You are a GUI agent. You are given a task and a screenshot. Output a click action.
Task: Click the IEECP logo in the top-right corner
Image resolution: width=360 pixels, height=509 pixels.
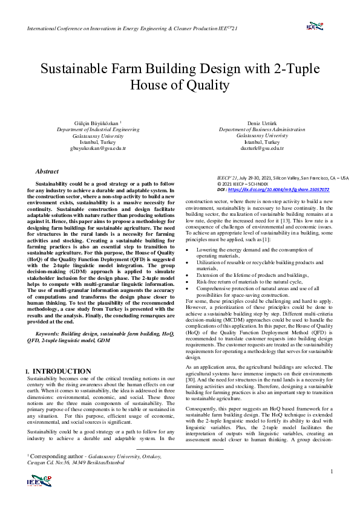(x=316, y=26)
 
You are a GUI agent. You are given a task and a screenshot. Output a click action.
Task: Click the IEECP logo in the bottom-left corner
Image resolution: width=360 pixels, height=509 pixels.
(x=39, y=481)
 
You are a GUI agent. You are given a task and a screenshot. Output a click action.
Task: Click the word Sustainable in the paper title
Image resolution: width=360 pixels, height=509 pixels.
(x=76, y=68)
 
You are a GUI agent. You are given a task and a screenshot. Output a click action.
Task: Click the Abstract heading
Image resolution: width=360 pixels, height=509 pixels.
(x=47, y=172)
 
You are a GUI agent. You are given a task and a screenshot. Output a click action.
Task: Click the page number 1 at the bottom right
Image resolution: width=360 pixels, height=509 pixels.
(x=332, y=471)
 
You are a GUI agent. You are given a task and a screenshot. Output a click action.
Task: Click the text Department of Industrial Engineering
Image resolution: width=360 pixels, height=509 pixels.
(x=98, y=129)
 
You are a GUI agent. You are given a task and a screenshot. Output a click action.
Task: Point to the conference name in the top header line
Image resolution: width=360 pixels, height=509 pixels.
(x=121, y=28)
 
